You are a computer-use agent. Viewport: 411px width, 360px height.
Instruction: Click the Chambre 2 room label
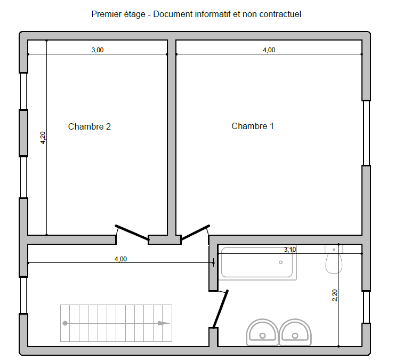(90, 126)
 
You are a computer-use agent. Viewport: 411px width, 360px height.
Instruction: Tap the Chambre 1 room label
(253, 126)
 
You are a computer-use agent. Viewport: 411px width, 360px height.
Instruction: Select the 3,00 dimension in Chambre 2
(98, 50)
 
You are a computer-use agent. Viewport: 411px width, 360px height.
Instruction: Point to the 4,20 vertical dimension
(43, 138)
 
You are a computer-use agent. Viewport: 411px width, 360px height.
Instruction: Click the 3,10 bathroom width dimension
(290, 250)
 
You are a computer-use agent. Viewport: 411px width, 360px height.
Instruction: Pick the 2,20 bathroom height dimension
(335, 295)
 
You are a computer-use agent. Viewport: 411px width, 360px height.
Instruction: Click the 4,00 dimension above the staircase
(120, 259)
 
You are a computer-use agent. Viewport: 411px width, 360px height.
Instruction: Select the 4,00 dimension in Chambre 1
(269, 50)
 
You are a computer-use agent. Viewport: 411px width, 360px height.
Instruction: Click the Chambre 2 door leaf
(132, 233)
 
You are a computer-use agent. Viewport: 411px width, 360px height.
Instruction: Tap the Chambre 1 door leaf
(195, 233)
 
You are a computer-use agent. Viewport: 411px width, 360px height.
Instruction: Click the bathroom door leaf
(221, 309)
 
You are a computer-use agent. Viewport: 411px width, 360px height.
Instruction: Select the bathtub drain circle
(281, 262)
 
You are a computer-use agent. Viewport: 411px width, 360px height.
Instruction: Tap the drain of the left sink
(262, 335)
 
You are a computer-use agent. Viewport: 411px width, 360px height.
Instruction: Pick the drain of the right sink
(295, 335)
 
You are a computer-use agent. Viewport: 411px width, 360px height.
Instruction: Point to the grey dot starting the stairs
(65, 323)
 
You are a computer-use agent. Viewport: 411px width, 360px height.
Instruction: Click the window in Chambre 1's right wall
(366, 133)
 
